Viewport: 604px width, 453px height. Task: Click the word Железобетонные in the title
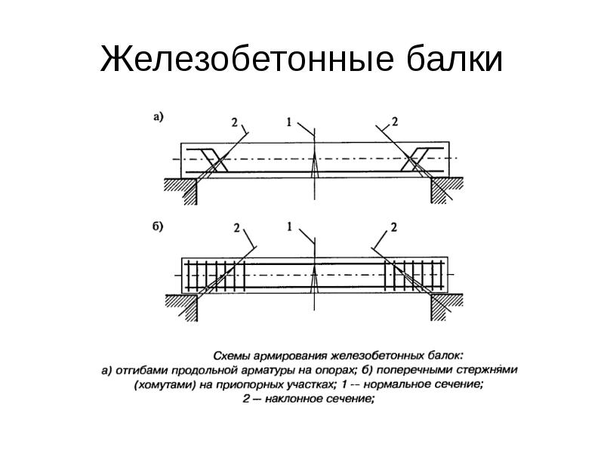pos(247,59)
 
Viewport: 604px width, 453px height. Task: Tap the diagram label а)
pos(159,117)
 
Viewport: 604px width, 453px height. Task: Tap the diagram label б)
pos(158,226)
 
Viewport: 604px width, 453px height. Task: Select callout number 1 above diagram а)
pos(289,122)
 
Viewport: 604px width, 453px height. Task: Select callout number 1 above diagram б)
pos(290,226)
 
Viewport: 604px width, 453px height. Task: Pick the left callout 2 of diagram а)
pos(235,122)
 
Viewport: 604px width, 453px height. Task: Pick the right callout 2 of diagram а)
pos(394,122)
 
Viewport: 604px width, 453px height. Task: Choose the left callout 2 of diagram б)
pos(236,228)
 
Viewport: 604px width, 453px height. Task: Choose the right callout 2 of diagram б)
pos(393,227)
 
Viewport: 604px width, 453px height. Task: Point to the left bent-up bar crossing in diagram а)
pos(214,160)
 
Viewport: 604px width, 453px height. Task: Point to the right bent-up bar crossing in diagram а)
pos(414,159)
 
